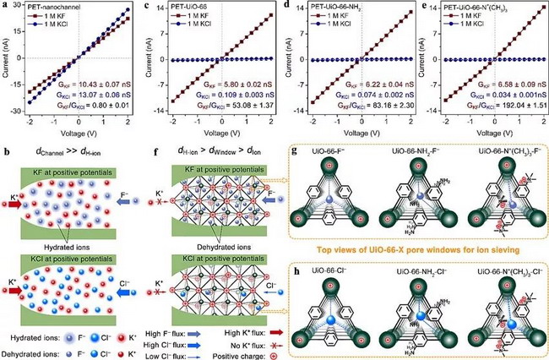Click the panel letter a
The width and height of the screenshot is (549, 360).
[x=6, y=7]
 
